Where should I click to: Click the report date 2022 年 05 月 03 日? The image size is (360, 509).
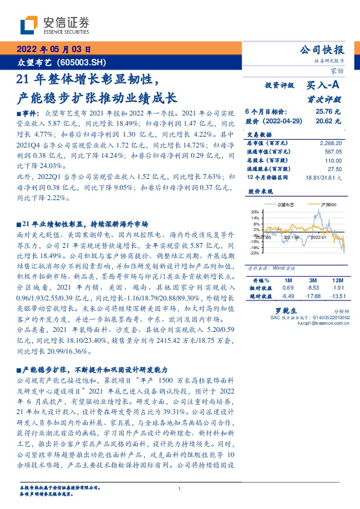point(54,50)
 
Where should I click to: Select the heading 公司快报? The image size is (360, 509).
point(323,49)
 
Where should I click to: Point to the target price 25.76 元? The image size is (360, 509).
point(328,112)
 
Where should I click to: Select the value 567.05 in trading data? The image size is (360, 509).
point(332,152)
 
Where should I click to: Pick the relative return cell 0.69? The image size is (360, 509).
point(288,288)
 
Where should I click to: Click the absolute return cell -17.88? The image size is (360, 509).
point(312,296)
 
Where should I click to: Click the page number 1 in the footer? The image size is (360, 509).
point(180,488)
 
